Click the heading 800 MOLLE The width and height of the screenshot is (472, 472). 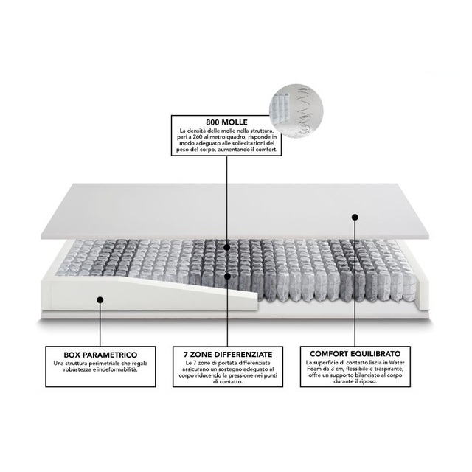pyautogui.click(x=226, y=122)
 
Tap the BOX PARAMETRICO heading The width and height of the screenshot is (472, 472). pyautogui.click(x=100, y=355)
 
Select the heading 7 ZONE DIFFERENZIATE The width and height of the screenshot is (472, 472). pyautogui.click(x=228, y=354)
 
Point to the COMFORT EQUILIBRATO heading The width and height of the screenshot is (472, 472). pyautogui.click(x=355, y=354)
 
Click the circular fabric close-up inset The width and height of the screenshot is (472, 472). pyautogui.click(x=296, y=111)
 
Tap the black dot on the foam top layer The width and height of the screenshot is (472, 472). pyautogui.click(x=355, y=217)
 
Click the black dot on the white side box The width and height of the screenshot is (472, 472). pyautogui.click(x=100, y=300)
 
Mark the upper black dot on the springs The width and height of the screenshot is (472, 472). pyautogui.click(x=227, y=248)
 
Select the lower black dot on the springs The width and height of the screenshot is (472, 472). pyautogui.click(x=228, y=276)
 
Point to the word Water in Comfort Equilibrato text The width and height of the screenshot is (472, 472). pyautogui.click(x=397, y=362)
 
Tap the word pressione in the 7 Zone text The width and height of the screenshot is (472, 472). pyautogui.click(x=246, y=375)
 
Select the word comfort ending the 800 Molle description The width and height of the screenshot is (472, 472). pyautogui.click(x=266, y=150)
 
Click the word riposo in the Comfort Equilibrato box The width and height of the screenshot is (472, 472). pyautogui.click(x=369, y=381)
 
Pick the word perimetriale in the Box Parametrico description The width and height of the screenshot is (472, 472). pyautogui.click(x=103, y=364)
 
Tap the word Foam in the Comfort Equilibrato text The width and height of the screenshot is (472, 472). pyautogui.click(x=313, y=369)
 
